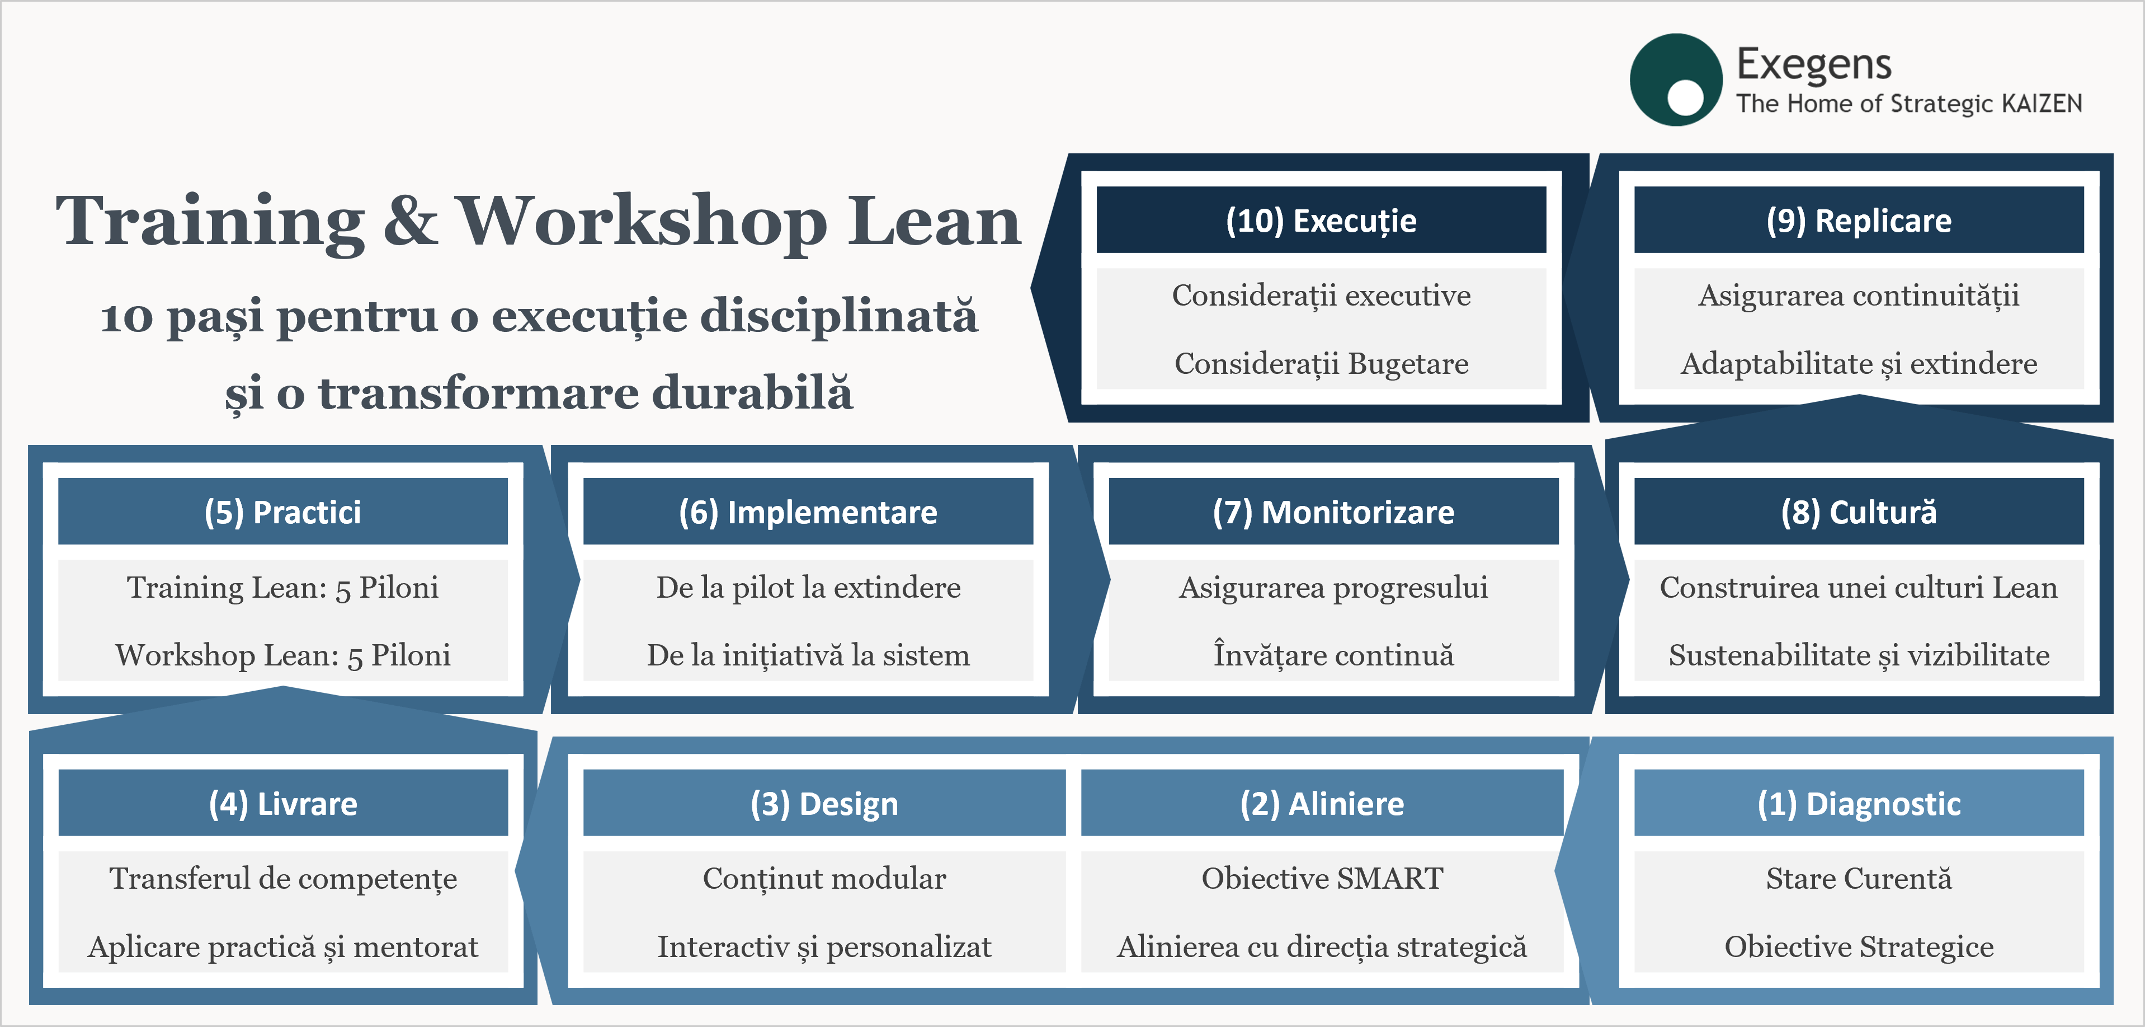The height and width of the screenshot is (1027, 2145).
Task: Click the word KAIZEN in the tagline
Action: (2041, 104)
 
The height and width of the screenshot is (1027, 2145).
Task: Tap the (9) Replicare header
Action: (1859, 220)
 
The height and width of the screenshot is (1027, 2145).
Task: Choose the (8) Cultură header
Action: (1859, 512)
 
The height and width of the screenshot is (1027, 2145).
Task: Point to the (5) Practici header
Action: (283, 512)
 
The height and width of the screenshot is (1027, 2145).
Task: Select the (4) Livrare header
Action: (283, 803)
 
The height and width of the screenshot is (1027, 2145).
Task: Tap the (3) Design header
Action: (824, 803)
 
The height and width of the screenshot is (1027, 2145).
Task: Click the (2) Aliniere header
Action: (1322, 803)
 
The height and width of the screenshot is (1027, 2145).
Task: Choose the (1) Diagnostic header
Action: (1859, 803)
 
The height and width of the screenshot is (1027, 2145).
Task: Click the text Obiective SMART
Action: (1322, 878)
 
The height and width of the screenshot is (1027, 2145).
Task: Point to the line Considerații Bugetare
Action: (1322, 364)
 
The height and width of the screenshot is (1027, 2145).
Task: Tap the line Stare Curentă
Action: (1859, 878)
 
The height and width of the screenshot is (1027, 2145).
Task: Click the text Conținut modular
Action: (824, 879)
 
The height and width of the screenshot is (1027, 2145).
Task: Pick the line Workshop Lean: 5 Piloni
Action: (283, 655)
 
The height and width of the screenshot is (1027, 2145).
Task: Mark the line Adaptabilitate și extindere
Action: (1859, 364)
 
